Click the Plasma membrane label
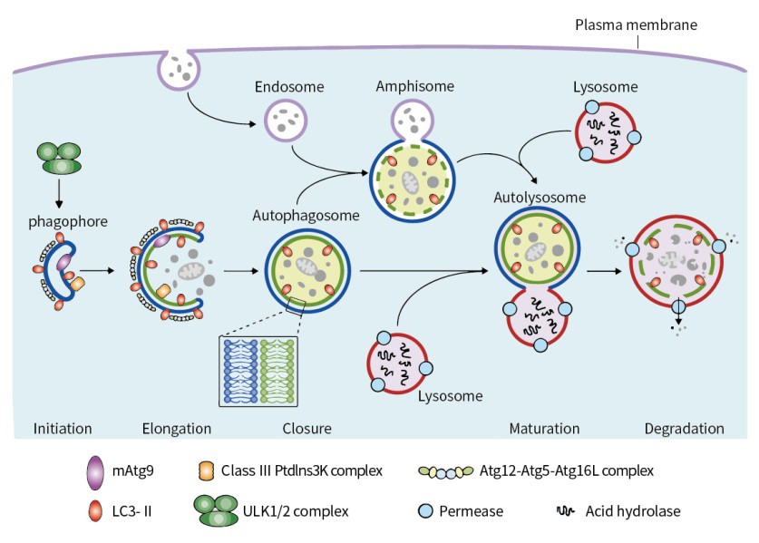tap(636, 24)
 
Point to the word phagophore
tap(60, 220)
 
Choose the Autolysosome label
tap(540, 196)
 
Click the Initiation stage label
tap(63, 428)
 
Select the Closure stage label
tap(306, 428)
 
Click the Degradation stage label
tap(684, 428)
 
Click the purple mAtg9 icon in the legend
tap(94, 471)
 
